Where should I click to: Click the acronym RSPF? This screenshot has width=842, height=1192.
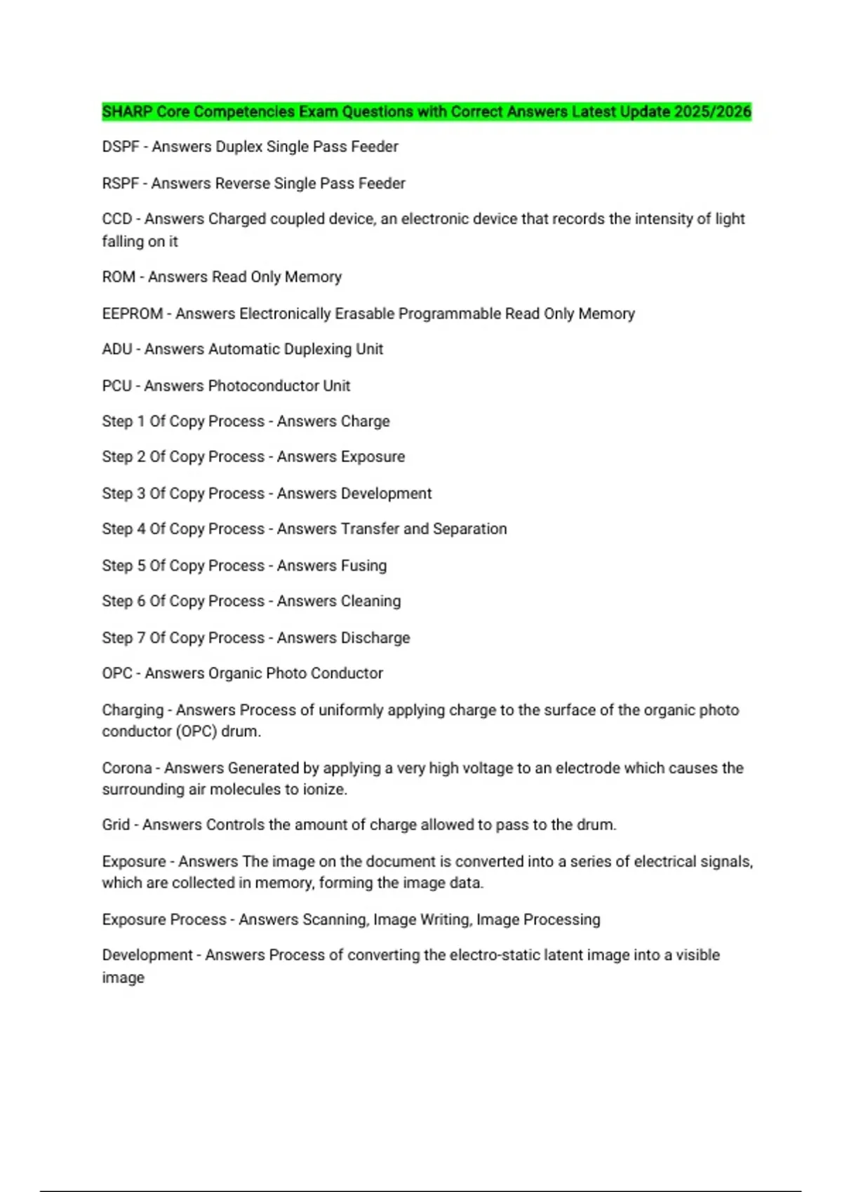click(x=120, y=184)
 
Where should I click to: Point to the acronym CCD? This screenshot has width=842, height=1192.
click(x=116, y=219)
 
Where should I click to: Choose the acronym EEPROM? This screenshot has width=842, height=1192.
click(x=132, y=313)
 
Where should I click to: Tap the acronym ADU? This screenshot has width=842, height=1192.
click(x=116, y=349)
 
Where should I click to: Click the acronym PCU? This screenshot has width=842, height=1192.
click(x=116, y=386)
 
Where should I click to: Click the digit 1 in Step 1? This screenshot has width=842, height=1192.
click(x=140, y=421)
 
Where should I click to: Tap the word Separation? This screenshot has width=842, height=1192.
click(x=469, y=529)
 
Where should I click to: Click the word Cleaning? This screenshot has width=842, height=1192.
click(x=370, y=602)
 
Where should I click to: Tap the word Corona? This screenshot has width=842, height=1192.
click(x=126, y=768)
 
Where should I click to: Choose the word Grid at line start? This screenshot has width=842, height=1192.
click(x=116, y=825)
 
